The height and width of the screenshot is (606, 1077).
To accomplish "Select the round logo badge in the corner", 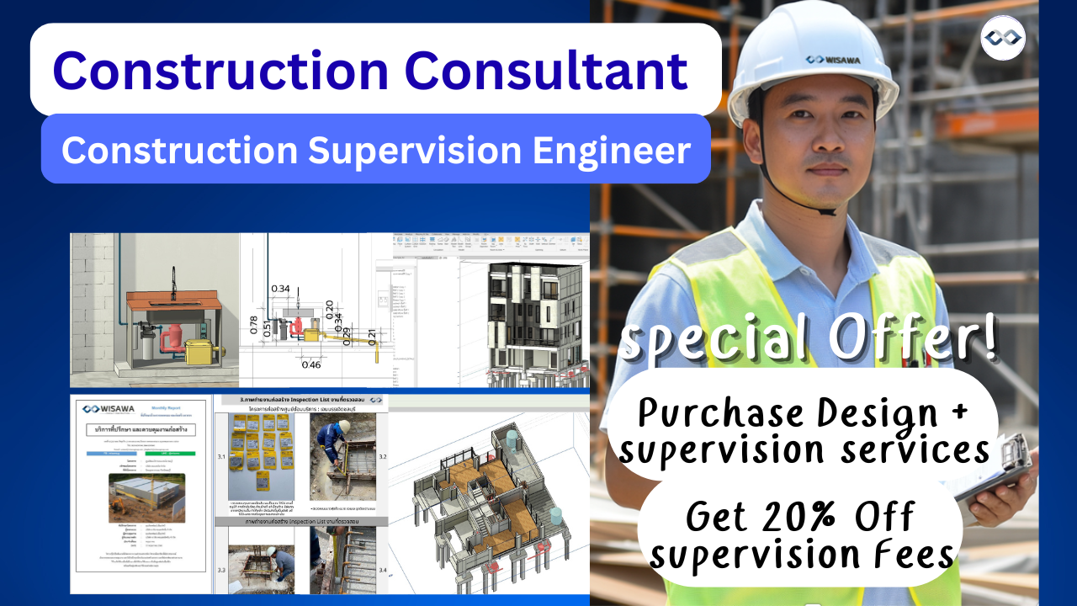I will (1003, 38).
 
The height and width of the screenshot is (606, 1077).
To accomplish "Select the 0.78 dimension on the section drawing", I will (253, 325).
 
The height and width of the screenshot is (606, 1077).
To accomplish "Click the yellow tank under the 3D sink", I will (202, 353).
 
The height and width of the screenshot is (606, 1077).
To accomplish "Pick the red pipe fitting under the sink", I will (175, 336).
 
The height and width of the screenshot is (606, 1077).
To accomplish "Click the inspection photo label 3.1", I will (222, 458).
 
